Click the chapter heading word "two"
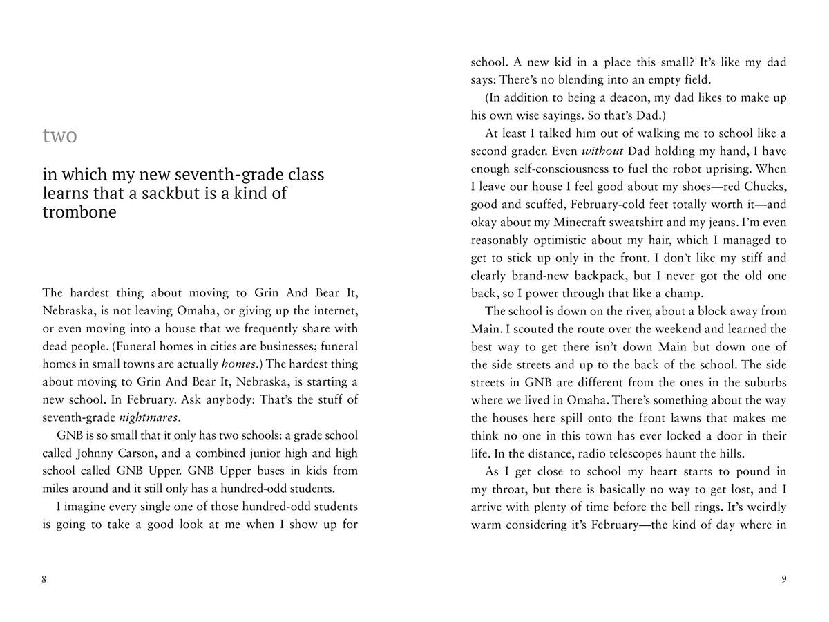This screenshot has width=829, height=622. click(59, 135)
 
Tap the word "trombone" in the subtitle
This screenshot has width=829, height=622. click(79, 211)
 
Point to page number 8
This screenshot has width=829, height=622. click(44, 579)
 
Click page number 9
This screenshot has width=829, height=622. click(783, 579)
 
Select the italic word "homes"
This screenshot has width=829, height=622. click(238, 364)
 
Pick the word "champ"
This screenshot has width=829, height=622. click(683, 294)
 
